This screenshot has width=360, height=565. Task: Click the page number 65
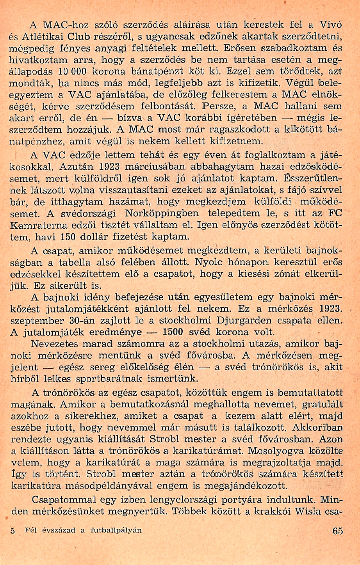point(338,530)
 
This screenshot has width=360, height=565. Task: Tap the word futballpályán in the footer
point(116,530)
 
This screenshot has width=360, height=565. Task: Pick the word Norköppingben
point(162,214)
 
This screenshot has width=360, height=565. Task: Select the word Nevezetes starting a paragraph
point(55,344)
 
